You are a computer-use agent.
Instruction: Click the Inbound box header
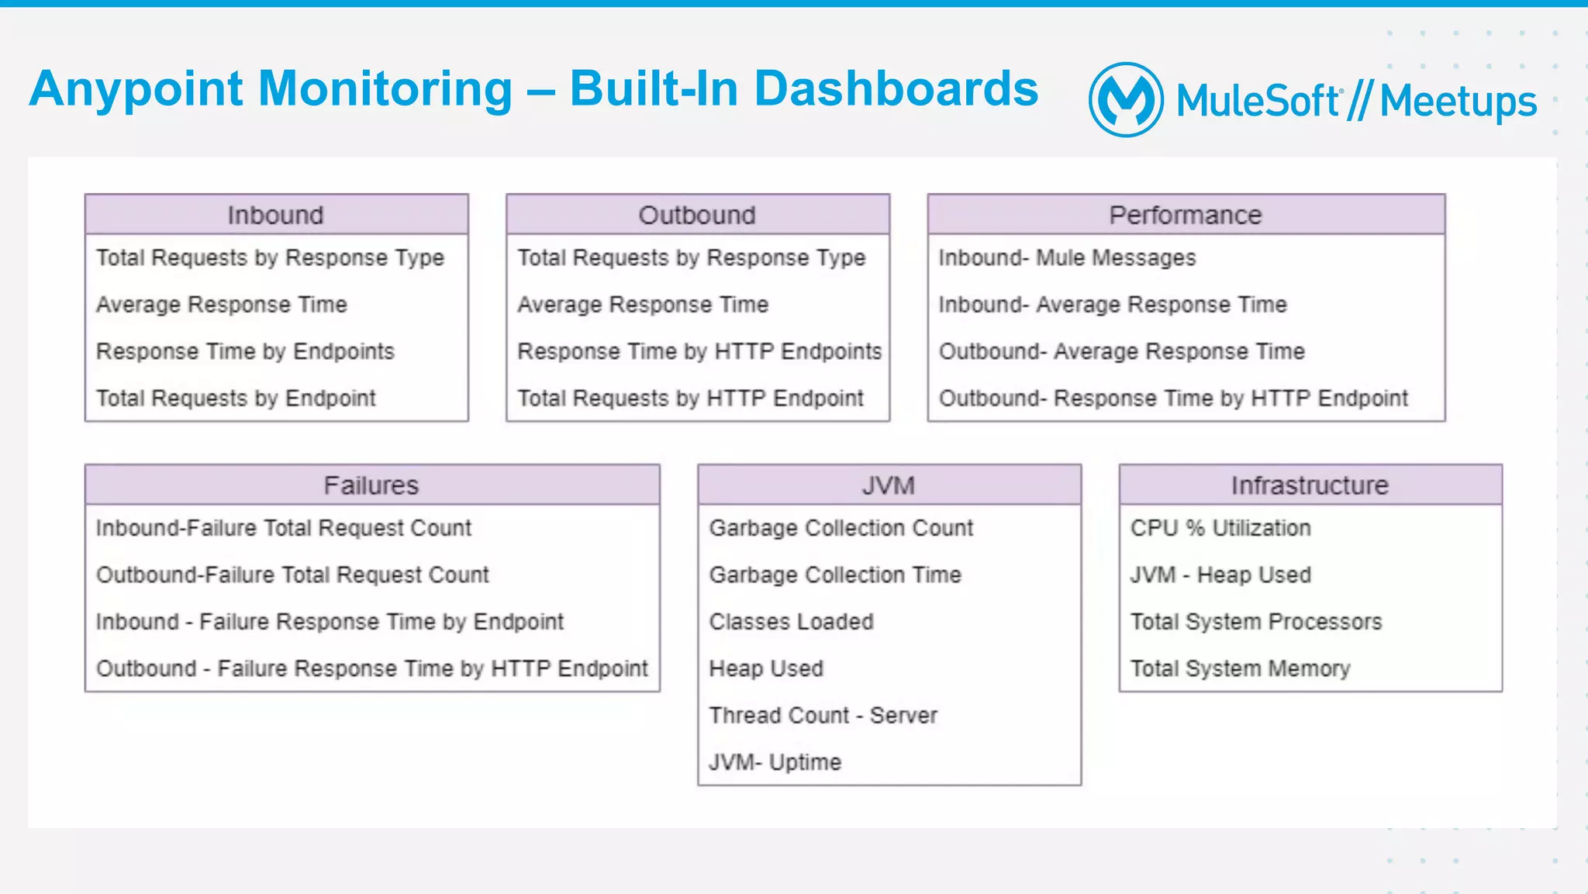tap(276, 215)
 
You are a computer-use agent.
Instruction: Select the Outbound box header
tap(697, 215)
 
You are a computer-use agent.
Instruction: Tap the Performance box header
tap(1186, 215)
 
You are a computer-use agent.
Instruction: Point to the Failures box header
tap(371, 485)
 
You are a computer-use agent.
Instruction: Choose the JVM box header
tap(889, 485)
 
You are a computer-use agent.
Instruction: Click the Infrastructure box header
tap(1310, 485)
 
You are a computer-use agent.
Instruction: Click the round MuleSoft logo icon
tap(1126, 100)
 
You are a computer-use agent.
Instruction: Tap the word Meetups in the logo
tap(1458, 102)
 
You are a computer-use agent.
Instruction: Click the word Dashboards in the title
tap(896, 88)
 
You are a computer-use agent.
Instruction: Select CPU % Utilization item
tap(1220, 528)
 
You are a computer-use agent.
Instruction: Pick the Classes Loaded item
tap(792, 622)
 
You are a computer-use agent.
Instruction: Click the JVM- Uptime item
tap(775, 762)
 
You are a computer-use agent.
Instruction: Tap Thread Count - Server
tap(823, 715)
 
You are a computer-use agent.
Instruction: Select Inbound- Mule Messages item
tap(1067, 257)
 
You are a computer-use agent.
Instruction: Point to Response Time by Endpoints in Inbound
tap(245, 351)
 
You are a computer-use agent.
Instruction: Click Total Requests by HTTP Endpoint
tap(690, 398)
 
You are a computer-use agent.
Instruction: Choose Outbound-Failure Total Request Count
tap(292, 575)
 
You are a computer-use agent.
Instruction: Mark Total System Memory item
tap(1240, 668)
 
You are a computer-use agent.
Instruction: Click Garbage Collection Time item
tap(835, 575)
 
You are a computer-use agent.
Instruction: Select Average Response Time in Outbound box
tap(643, 305)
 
